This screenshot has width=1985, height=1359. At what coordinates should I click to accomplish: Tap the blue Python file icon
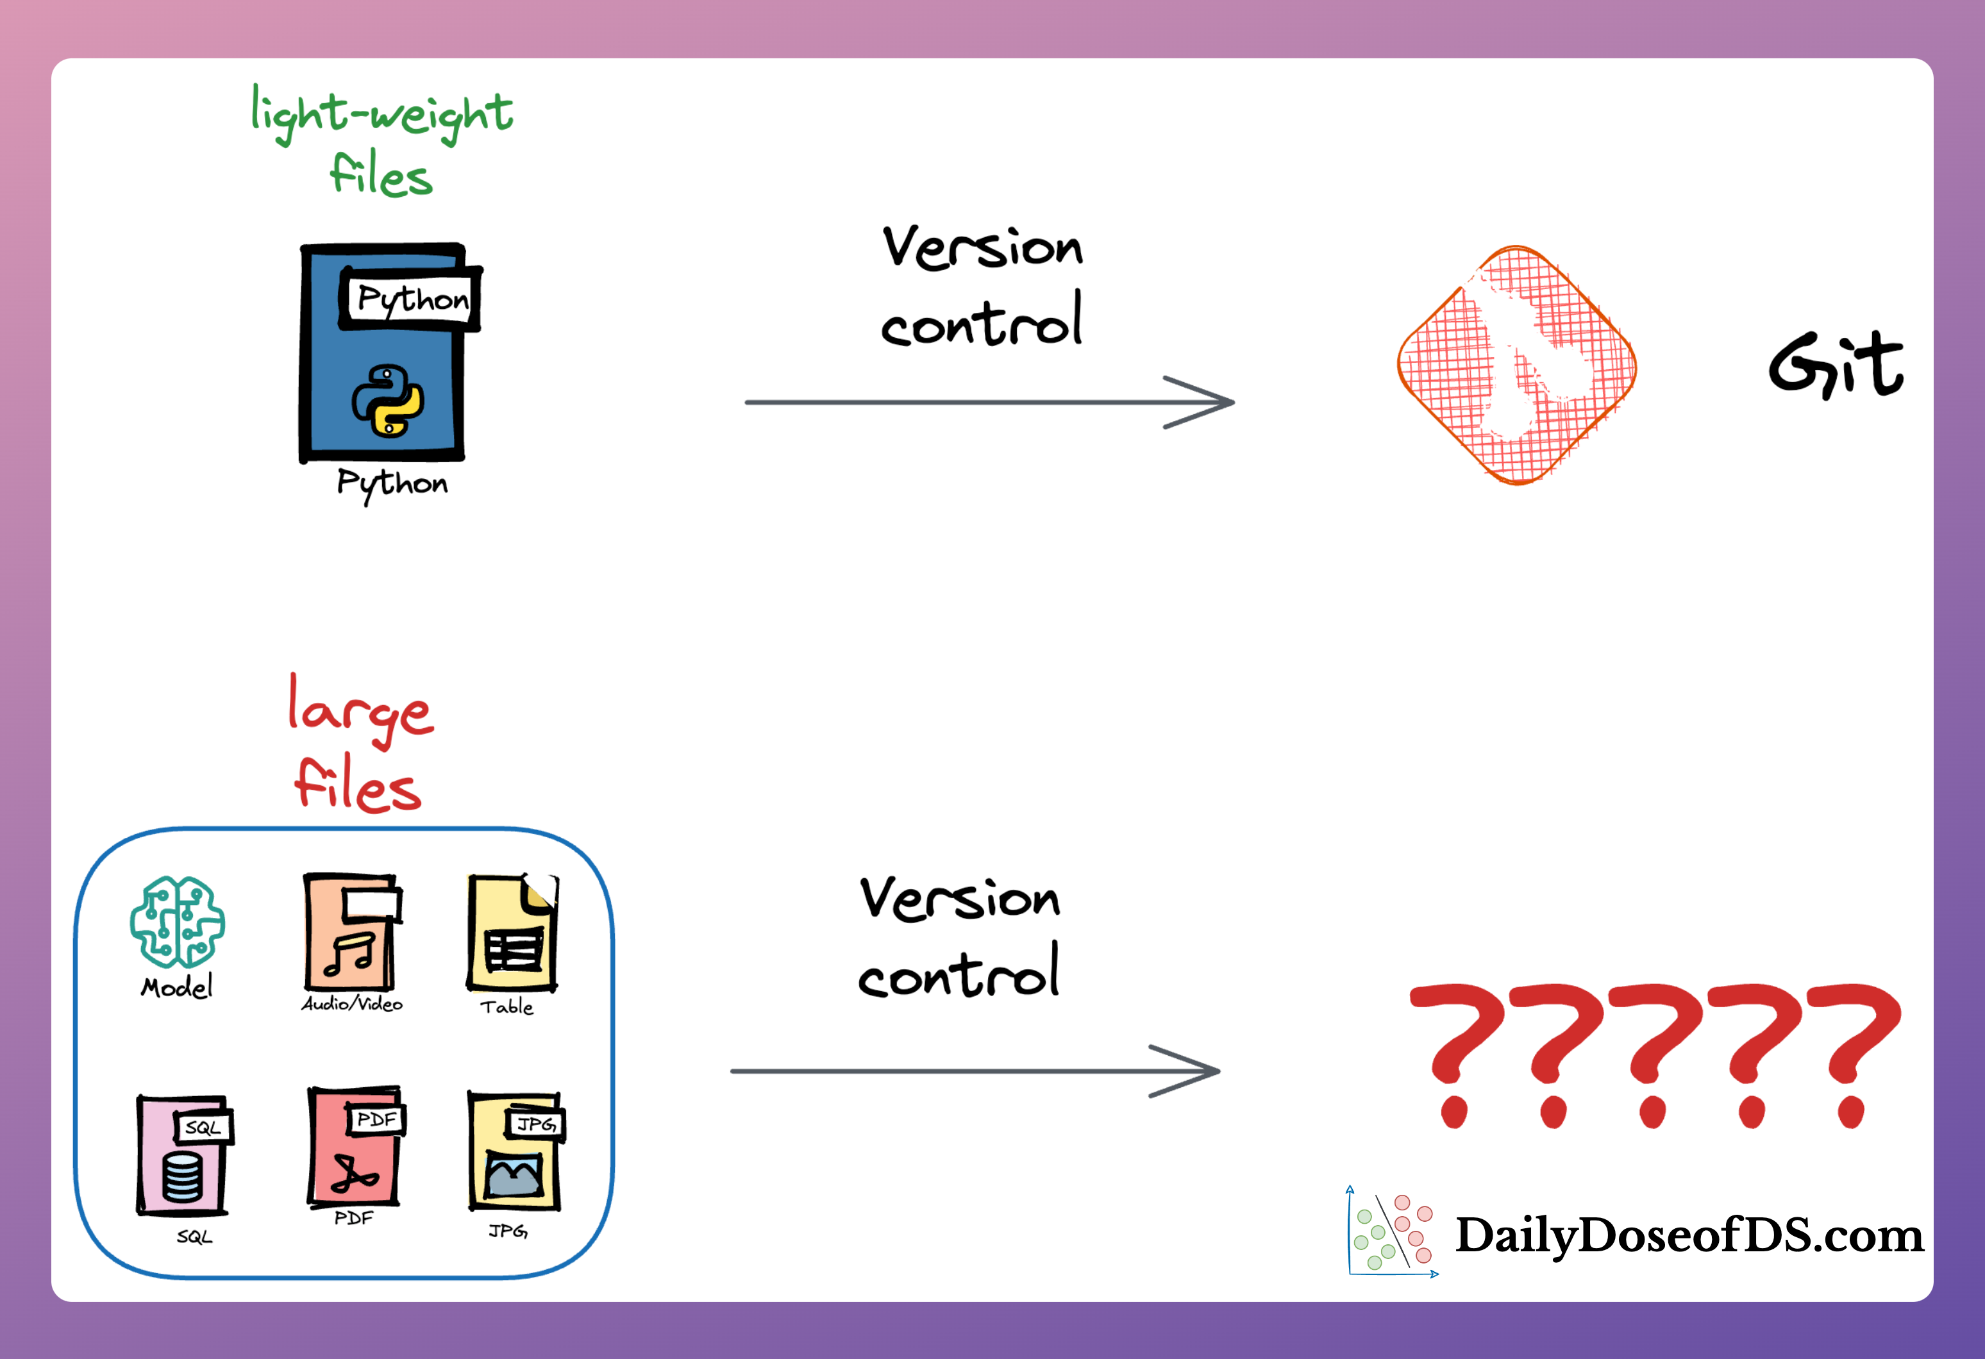coord(389,353)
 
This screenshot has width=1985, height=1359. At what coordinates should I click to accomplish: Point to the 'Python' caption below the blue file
coord(392,485)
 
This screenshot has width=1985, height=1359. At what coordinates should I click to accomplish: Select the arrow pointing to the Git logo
coord(989,401)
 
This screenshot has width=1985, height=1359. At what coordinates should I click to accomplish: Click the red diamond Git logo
coord(1517,365)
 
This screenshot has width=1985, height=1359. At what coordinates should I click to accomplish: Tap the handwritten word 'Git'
coord(1836,365)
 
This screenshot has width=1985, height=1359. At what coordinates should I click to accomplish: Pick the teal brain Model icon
coord(178,922)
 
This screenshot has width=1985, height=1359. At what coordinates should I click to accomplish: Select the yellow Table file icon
coord(512,933)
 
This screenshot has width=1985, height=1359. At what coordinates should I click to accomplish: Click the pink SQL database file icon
coord(183,1155)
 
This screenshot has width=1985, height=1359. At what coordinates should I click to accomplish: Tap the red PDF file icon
coord(355,1146)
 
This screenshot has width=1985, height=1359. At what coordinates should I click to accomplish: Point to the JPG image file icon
coord(515,1151)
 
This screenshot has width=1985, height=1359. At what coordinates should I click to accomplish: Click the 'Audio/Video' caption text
coord(352,1004)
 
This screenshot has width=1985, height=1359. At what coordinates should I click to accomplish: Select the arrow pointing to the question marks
coord(975,1071)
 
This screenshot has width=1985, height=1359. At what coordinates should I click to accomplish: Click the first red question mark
coord(1456,1056)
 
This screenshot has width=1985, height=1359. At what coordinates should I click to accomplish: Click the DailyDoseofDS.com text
coord(1689,1236)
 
